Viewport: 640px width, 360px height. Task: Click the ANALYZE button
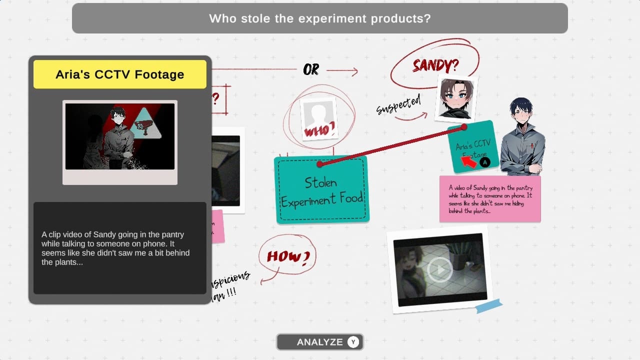click(319, 342)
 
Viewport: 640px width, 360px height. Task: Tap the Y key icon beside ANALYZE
click(353, 342)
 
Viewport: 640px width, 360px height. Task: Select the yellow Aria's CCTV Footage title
click(119, 74)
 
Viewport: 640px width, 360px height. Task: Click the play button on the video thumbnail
click(440, 270)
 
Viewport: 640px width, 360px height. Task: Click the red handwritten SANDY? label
click(435, 65)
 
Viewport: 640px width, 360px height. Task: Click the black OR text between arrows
click(311, 70)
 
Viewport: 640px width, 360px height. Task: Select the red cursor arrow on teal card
click(468, 161)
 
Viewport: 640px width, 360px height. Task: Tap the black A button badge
click(484, 162)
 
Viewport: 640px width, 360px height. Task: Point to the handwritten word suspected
click(398, 104)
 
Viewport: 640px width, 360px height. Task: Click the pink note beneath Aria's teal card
click(490, 198)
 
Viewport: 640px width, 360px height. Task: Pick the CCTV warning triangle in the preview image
click(145, 123)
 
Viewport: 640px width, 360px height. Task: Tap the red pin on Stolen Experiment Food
click(319, 164)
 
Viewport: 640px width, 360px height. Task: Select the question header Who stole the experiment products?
click(320, 18)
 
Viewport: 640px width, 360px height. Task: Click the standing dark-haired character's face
click(521, 114)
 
